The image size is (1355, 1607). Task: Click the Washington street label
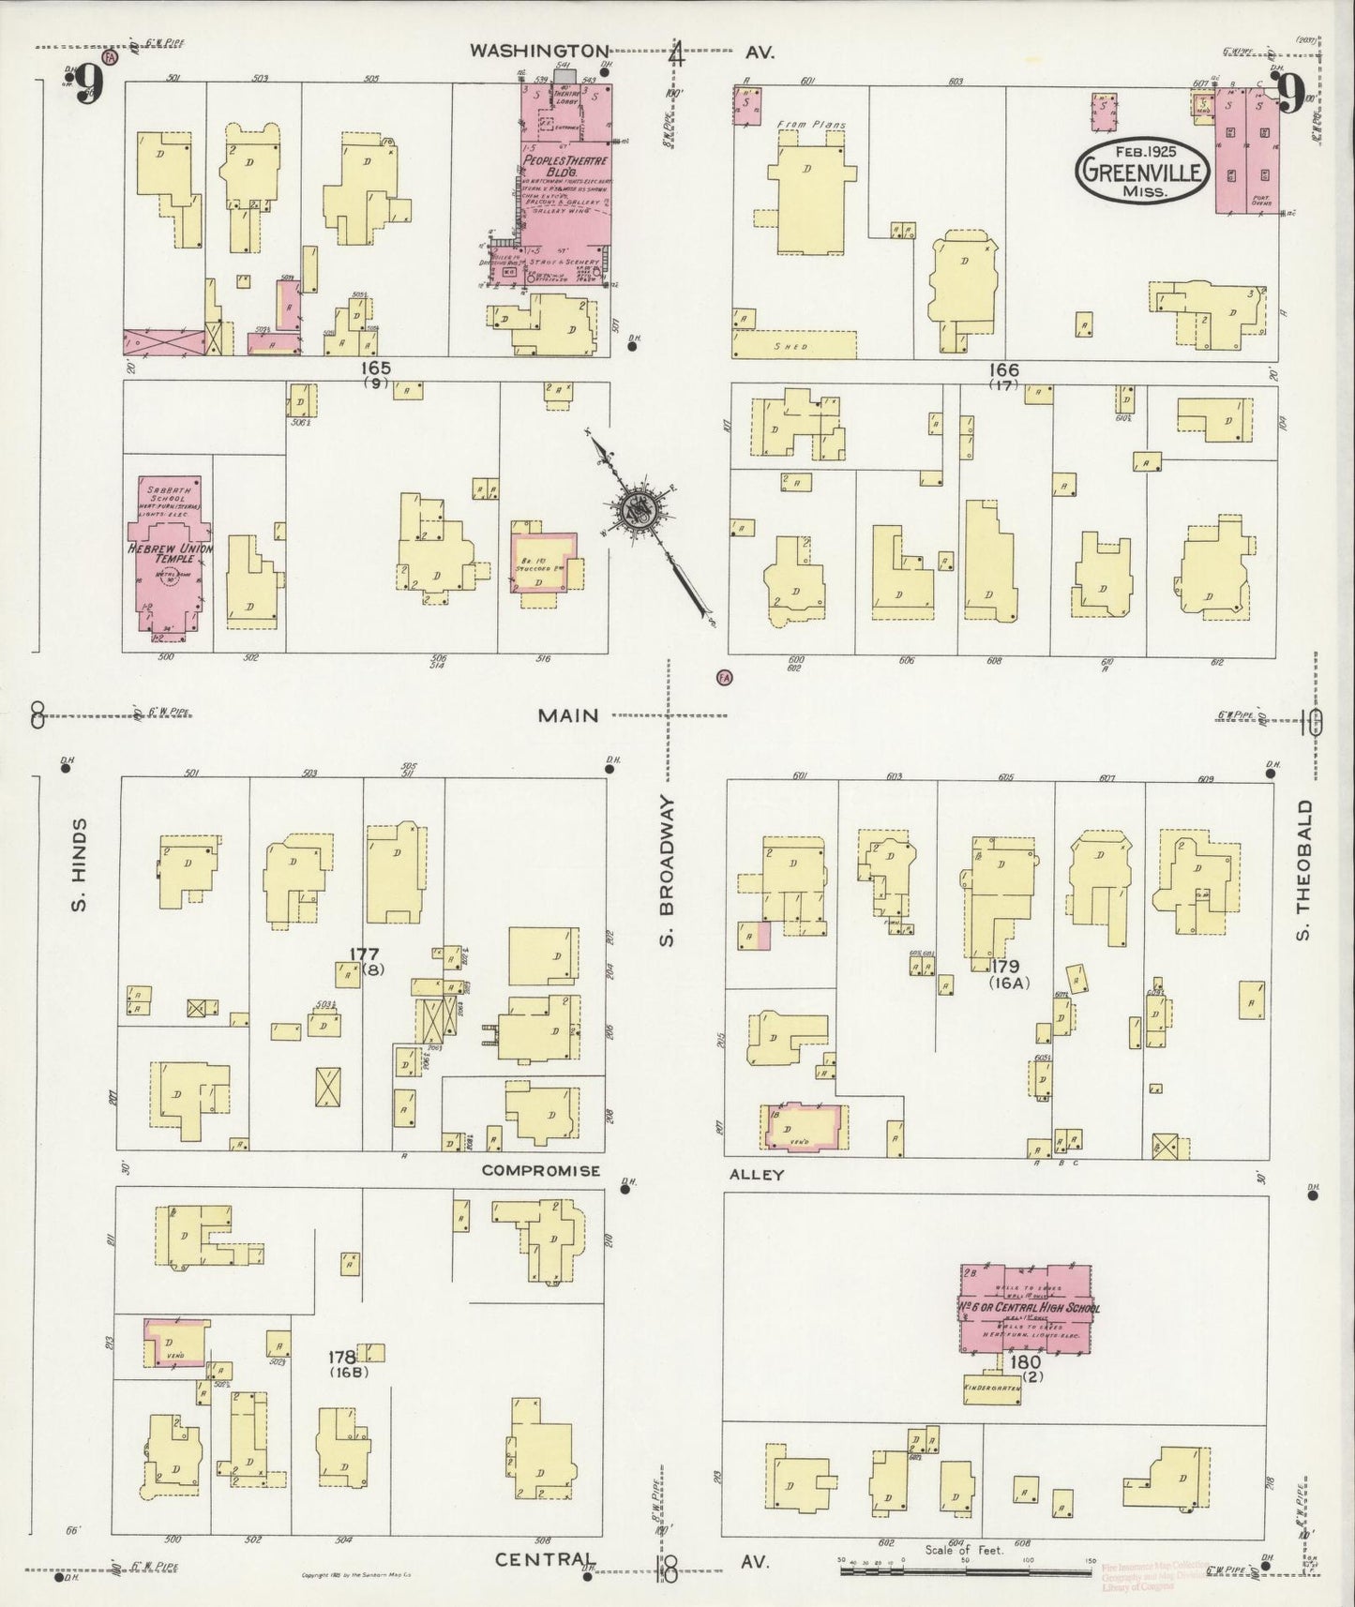pyautogui.click(x=539, y=51)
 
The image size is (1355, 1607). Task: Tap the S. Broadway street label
pyautogui.click(x=668, y=871)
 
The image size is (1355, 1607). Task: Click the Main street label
pyautogui.click(x=567, y=716)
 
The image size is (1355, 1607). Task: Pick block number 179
pyautogui.click(x=1009, y=966)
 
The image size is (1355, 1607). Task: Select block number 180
pyautogui.click(x=1027, y=1360)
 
